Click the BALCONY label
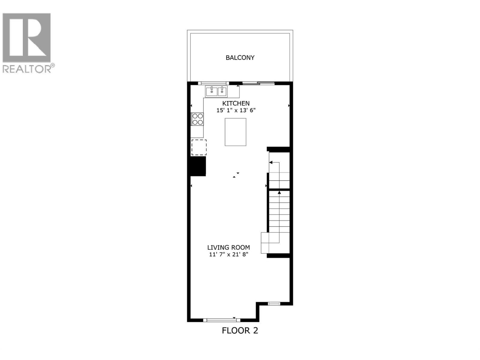click(240, 58)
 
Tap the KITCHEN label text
click(236, 103)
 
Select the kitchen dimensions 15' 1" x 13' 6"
click(236, 110)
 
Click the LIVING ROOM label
click(229, 247)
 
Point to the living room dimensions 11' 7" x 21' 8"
click(229, 255)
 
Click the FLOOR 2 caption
click(240, 331)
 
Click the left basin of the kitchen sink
click(211, 91)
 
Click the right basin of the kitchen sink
click(222, 91)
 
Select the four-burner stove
click(197, 119)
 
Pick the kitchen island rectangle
click(235, 132)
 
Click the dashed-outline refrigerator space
click(199, 147)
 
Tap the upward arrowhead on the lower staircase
click(279, 192)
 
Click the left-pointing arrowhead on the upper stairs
click(271, 163)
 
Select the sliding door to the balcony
click(258, 83)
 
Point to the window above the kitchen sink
click(213, 83)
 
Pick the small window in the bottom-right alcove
click(274, 304)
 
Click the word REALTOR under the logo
click(27, 69)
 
